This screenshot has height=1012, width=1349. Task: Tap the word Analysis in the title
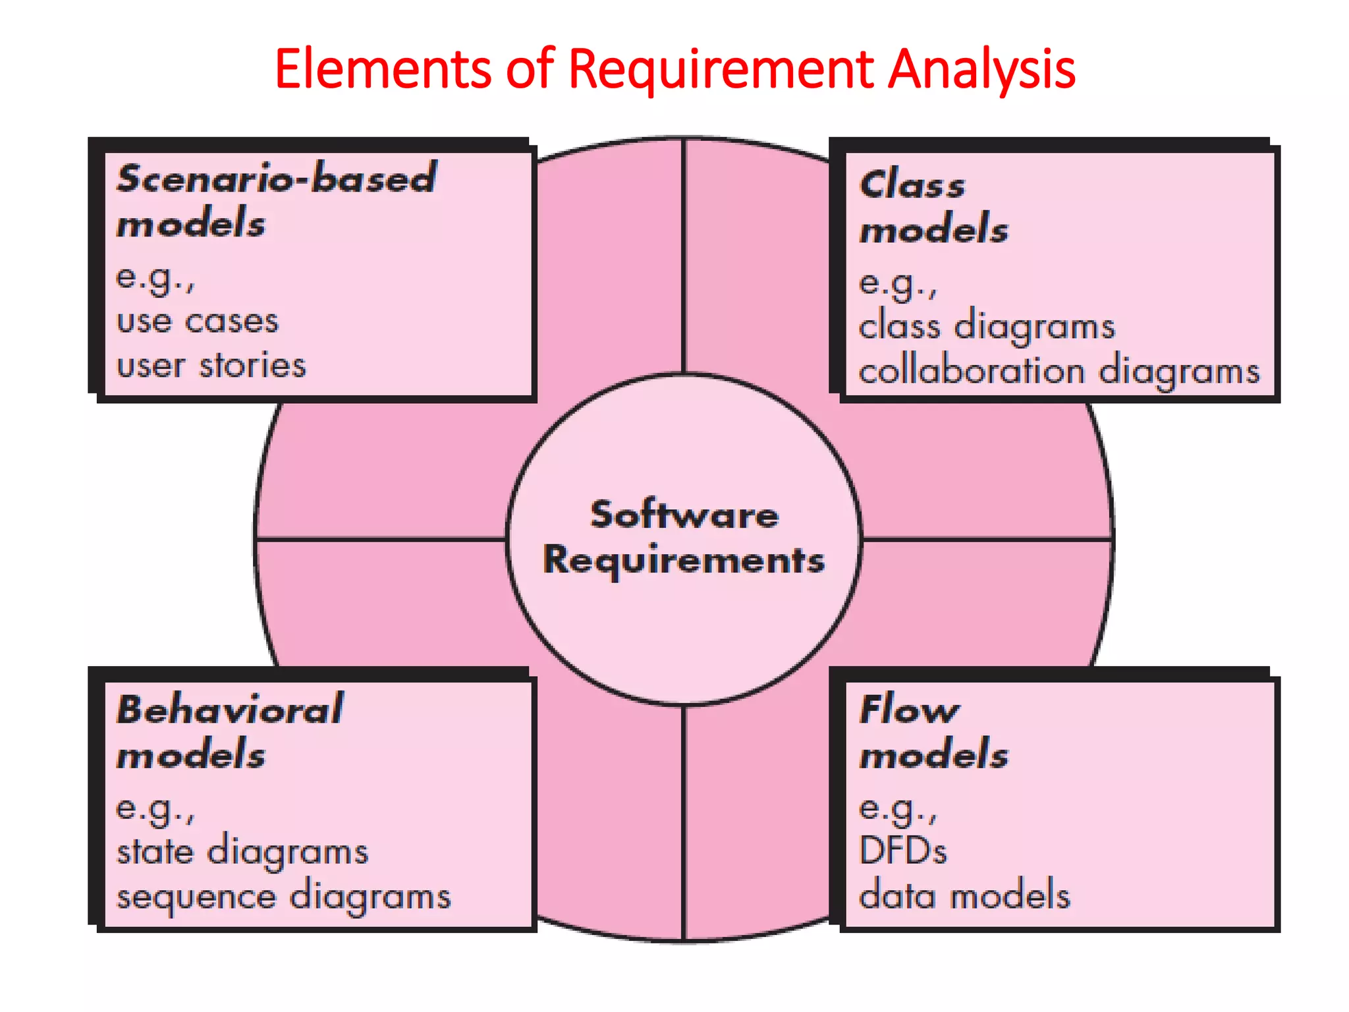click(x=981, y=70)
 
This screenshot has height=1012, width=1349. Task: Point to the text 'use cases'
click(x=198, y=322)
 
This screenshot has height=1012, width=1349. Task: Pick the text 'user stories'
click(x=211, y=366)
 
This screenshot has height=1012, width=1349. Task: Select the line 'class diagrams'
click(x=987, y=327)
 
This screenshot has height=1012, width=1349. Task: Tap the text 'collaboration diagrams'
click(x=1059, y=371)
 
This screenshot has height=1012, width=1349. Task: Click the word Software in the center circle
click(x=684, y=515)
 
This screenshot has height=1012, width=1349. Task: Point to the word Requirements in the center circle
click(x=684, y=561)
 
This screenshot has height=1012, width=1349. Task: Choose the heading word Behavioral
click(x=230, y=710)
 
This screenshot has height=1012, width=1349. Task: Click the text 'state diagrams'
click(x=242, y=852)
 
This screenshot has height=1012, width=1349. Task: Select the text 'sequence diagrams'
click(x=284, y=897)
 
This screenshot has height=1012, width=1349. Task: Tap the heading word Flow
click(x=910, y=710)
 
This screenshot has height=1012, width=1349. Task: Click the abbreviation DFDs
click(x=903, y=851)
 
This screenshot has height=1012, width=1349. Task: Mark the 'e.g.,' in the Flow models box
click(x=898, y=808)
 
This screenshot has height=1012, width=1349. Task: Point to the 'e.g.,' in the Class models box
click(x=898, y=284)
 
